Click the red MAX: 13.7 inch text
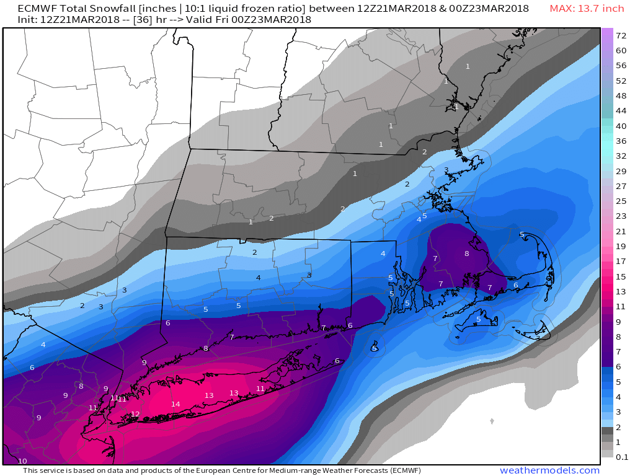587,9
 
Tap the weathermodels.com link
549,470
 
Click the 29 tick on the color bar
621,170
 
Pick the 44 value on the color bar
621,110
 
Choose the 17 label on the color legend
621,262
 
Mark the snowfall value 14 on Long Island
175,404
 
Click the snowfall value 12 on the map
135,414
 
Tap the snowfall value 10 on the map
22,461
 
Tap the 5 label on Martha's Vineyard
478,320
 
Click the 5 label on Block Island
375,348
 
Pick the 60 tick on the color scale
621,50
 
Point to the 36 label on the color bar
621,141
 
